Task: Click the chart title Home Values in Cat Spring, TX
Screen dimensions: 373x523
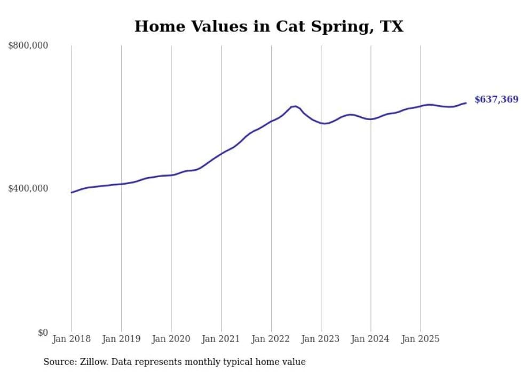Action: point(268,26)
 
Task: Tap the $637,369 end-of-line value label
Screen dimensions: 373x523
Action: point(496,99)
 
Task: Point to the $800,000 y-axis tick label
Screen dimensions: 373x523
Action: point(28,46)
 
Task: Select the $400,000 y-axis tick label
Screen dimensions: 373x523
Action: point(28,188)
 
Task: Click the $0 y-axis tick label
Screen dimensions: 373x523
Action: point(43,332)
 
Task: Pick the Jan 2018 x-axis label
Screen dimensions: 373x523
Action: point(72,339)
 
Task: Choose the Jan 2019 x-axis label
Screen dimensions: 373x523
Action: point(121,339)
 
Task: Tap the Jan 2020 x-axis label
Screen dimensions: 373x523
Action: point(171,339)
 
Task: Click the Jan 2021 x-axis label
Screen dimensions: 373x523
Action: point(221,339)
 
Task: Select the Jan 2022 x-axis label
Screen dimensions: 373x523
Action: point(271,339)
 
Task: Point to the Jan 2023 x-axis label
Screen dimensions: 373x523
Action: point(321,339)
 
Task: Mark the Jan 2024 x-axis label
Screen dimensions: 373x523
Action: point(371,339)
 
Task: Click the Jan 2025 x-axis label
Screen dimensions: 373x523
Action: point(421,339)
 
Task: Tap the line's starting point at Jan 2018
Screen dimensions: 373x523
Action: point(72,192)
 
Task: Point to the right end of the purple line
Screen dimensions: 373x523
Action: point(466,103)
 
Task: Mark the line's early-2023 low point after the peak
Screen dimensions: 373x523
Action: point(324,123)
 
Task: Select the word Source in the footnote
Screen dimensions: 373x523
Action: point(58,362)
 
